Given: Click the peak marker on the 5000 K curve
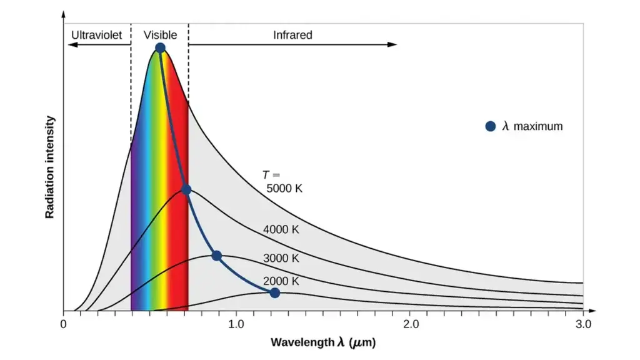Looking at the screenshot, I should (x=160, y=48).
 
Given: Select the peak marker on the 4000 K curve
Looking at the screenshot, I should (x=186, y=189).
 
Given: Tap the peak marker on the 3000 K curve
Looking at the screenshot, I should (x=216, y=256).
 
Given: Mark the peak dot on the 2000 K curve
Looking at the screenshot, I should (x=274, y=293).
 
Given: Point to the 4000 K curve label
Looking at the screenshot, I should (x=281, y=229).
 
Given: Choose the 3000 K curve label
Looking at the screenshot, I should (x=281, y=258).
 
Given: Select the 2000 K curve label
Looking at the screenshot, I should (x=281, y=281).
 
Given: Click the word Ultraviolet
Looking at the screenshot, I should (x=96, y=35).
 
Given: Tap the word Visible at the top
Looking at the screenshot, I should (x=160, y=35).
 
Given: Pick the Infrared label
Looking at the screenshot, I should (x=292, y=35).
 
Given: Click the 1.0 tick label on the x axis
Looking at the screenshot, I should (x=236, y=324).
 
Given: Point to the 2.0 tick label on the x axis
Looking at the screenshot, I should (x=410, y=324).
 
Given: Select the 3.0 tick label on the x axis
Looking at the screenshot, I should (x=583, y=324).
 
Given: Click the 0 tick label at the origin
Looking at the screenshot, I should (x=63, y=324).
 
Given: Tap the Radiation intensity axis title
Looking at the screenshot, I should (x=49, y=167).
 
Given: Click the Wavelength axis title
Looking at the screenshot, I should (x=323, y=342).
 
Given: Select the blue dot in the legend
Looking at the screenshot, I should (x=491, y=126).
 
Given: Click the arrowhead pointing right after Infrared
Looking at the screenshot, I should (x=392, y=44).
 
